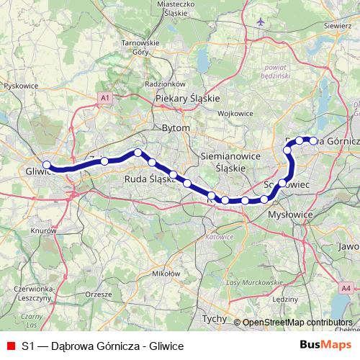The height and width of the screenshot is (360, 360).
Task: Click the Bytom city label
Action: pos(176,127)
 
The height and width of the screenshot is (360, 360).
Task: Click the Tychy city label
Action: pos(214,318)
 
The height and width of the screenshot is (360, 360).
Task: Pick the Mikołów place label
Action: pos(166,274)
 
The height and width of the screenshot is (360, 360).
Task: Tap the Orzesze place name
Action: pos(99,294)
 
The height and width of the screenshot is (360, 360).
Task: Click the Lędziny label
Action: pos(286,298)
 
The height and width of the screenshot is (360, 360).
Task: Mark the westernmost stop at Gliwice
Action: pos(46,164)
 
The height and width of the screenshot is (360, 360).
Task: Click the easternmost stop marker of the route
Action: pos(313,141)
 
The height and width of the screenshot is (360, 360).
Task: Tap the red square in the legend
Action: pos(11,346)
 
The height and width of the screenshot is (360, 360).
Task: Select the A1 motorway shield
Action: pos(104,96)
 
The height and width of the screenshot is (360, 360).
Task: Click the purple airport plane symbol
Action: pos(261,21)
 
